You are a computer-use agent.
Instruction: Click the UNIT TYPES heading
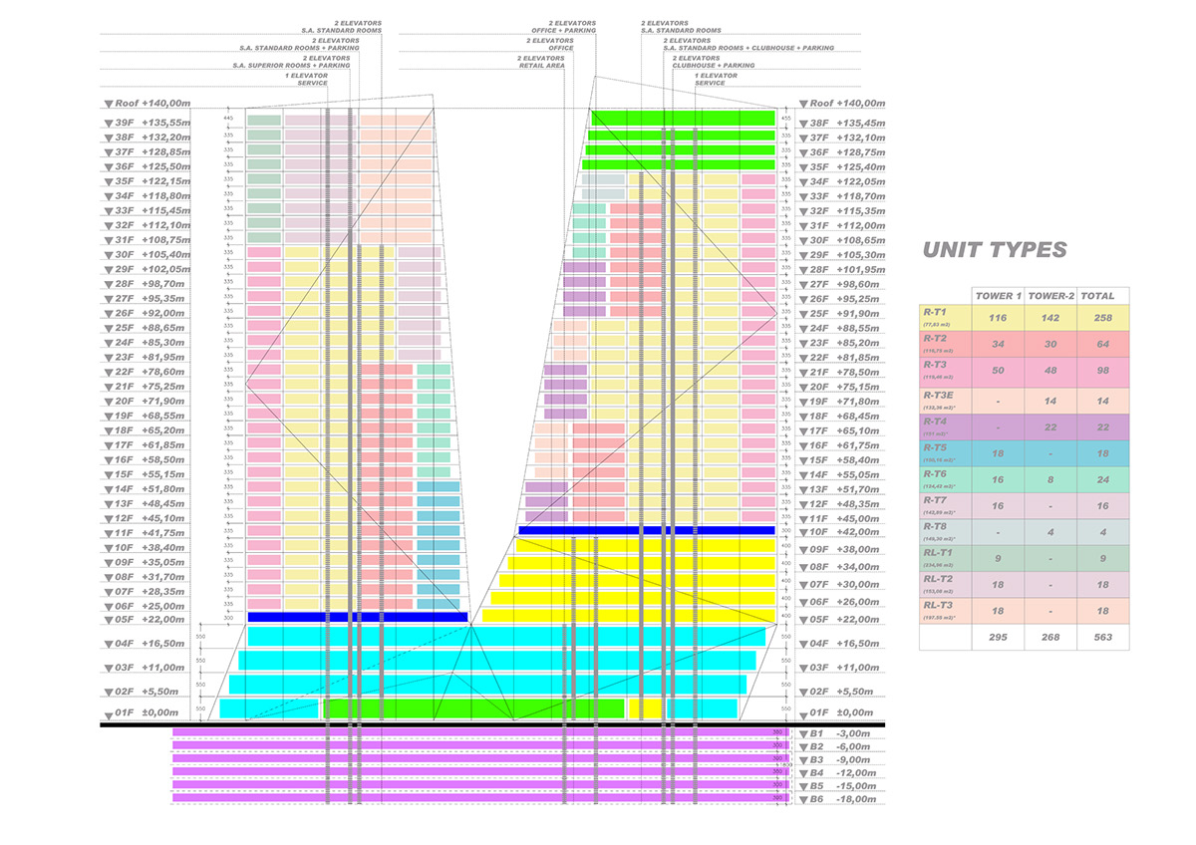995,250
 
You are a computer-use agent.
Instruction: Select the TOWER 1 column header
998,296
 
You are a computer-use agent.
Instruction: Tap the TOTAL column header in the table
1102,296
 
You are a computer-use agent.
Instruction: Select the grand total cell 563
1102,637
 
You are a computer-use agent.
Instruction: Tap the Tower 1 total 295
998,637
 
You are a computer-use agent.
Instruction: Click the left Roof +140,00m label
153,104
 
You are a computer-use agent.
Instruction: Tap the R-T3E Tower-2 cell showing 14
1050,400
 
